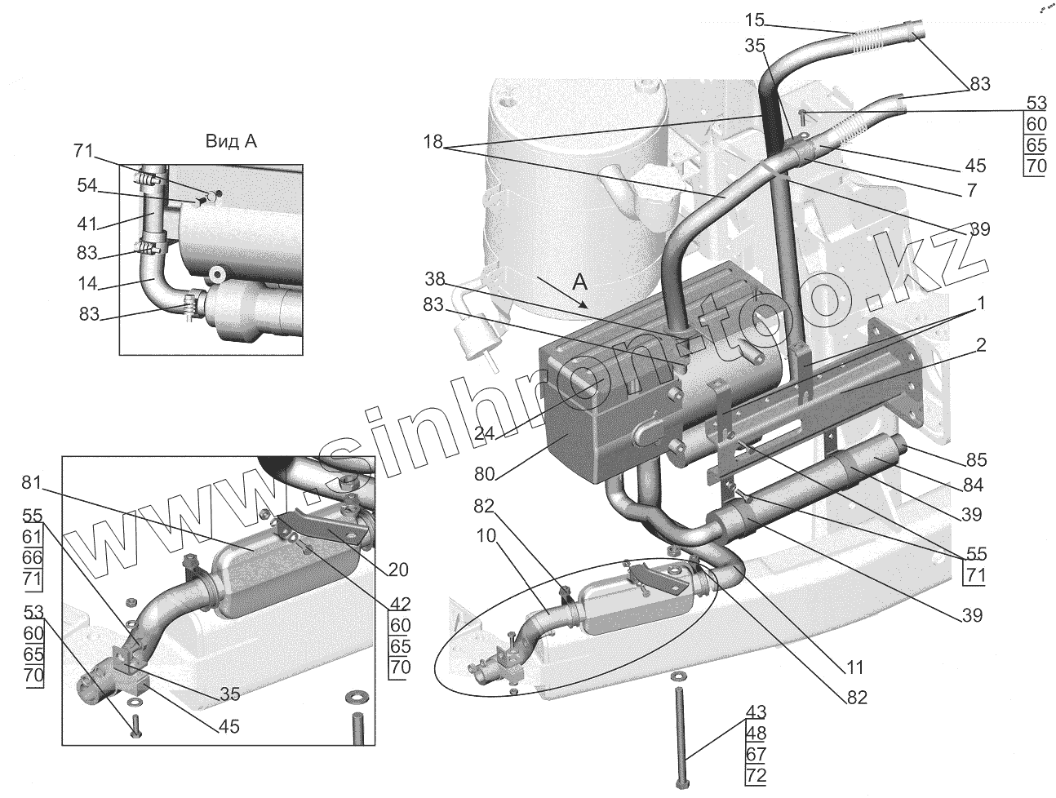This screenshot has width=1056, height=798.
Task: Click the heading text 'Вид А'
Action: click(231, 141)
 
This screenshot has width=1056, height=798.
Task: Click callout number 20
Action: click(399, 570)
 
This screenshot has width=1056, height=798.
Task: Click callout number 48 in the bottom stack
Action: click(756, 732)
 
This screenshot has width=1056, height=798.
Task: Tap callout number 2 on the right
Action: click(980, 345)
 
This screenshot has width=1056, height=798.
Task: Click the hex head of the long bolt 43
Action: click(682, 785)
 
